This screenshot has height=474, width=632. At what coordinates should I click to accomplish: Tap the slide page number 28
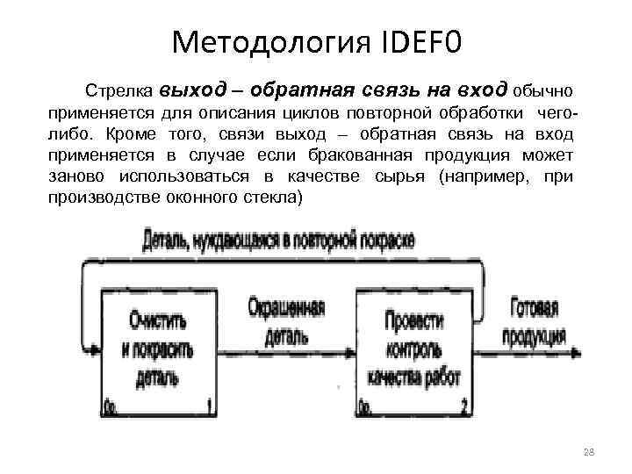click(x=589, y=452)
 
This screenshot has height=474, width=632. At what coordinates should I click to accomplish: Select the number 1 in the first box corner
click(x=209, y=405)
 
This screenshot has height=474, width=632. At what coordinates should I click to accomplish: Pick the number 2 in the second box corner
click(x=466, y=405)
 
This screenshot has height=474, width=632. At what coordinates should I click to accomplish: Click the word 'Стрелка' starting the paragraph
click(x=112, y=90)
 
